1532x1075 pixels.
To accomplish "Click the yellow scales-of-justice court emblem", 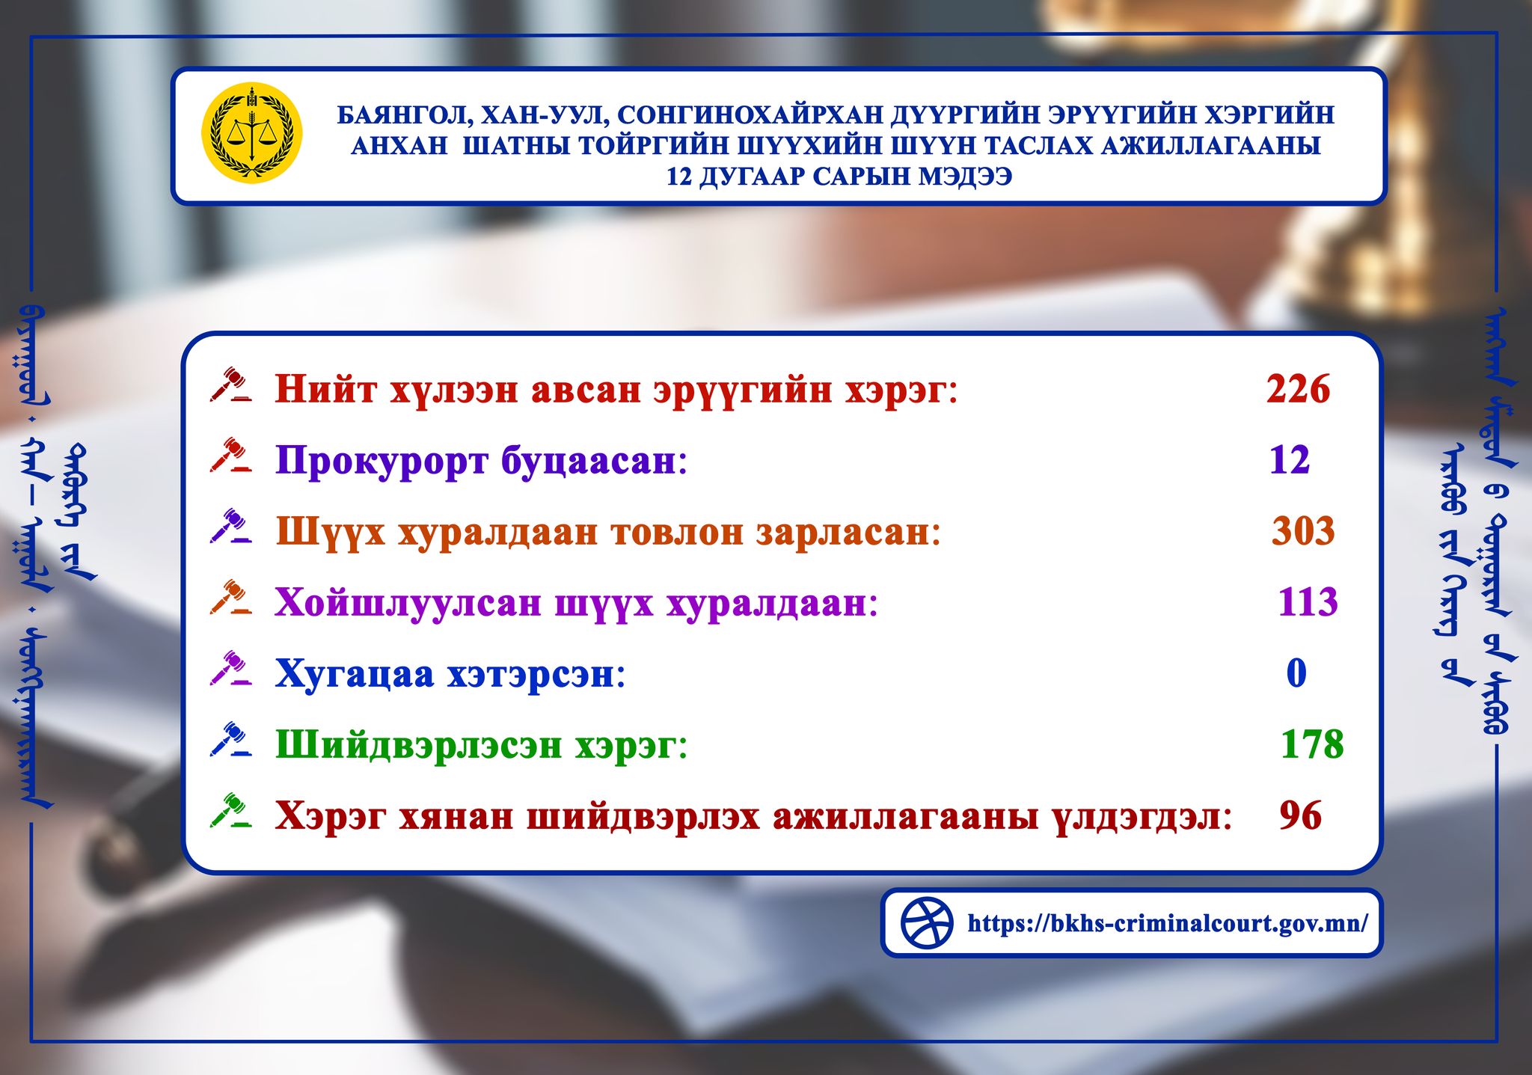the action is [x=252, y=133].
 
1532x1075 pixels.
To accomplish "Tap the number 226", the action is [x=1298, y=389].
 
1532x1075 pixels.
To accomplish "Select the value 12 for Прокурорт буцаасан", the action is [x=1290, y=460].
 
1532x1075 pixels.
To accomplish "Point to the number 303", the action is [x=1303, y=531].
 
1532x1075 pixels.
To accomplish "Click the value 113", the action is [x=1308, y=602].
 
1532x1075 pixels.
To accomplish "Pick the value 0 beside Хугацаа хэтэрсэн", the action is [x=1296, y=673].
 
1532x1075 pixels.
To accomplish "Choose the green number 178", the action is [x=1312, y=744].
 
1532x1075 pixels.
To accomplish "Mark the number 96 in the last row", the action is [x=1301, y=815].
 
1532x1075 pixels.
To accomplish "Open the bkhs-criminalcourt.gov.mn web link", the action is [x=1168, y=923].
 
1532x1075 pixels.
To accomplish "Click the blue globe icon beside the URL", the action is [x=927, y=923].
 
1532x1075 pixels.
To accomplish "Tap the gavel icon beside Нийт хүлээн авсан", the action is [x=230, y=385].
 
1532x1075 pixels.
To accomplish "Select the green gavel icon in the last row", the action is [x=230, y=811].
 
